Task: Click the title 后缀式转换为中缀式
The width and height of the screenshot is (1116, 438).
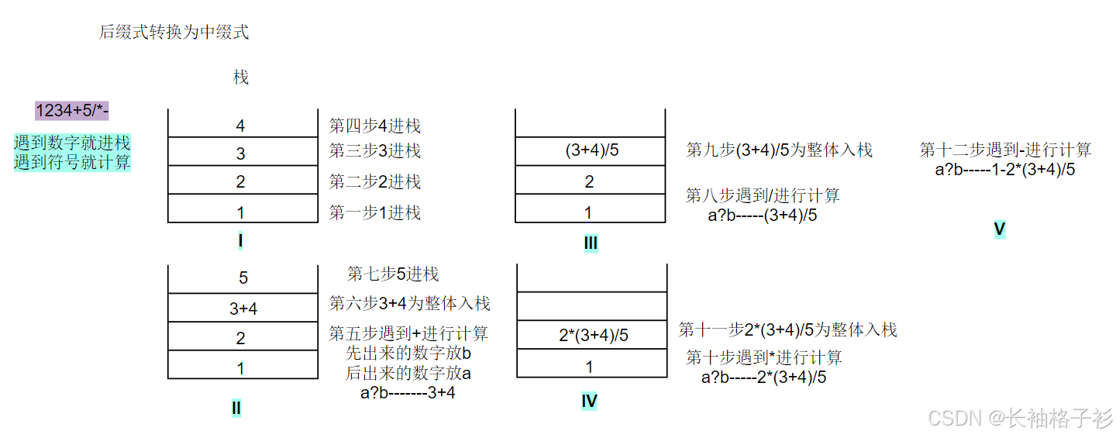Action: [x=174, y=33]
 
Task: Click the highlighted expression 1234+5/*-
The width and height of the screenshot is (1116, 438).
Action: [x=72, y=111]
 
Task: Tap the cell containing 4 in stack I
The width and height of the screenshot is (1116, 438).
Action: [x=241, y=126]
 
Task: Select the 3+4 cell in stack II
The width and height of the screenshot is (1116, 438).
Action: [x=243, y=309]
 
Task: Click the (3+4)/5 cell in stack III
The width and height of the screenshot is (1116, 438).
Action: [x=592, y=150]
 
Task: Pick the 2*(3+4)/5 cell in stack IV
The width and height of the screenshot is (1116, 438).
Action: [x=593, y=336]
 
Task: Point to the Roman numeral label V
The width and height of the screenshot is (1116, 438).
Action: [x=999, y=229]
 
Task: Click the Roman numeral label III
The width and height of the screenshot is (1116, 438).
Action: [x=591, y=243]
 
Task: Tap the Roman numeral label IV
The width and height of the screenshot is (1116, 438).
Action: [x=589, y=401]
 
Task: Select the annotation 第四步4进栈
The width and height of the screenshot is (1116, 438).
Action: [x=375, y=126]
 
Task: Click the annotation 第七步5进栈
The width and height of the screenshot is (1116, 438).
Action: [x=393, y=274]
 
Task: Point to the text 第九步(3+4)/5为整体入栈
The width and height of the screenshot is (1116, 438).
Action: [x=780, y=150]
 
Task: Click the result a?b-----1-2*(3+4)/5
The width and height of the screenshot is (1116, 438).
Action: [x=1005, y=170]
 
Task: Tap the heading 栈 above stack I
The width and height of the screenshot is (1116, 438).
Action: [x=241, y=78]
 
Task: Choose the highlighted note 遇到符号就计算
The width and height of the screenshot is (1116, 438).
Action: [x=72, y=163]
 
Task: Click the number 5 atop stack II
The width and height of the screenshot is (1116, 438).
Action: [x=243, y=278]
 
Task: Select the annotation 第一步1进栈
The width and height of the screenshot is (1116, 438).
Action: [x=375, y=212]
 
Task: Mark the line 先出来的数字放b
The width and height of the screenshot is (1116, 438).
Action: [x=408, y=354]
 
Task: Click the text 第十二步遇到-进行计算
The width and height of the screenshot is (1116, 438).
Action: [x=1005, y=150]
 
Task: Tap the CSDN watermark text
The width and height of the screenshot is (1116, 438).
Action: [x=1020, y=419]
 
